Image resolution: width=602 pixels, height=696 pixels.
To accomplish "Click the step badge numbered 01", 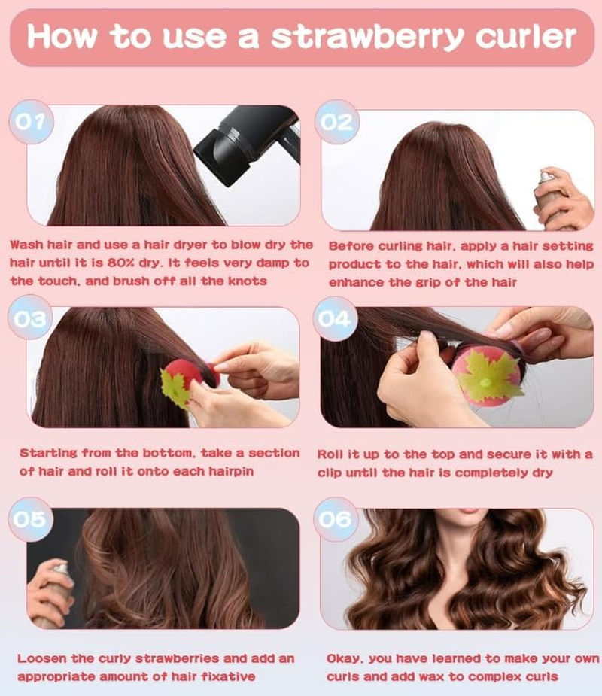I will (x=32, y=122).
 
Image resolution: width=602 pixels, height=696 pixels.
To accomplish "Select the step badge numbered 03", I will (x=32, y=320).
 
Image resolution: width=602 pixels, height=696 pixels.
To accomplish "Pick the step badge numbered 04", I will (x=336, y=320).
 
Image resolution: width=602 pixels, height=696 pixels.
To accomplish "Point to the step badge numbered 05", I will (x=31, y=518).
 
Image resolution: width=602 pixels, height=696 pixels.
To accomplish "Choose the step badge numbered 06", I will (x=336, y=519).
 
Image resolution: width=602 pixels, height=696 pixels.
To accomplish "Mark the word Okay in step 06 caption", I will (x=345, y=658).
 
